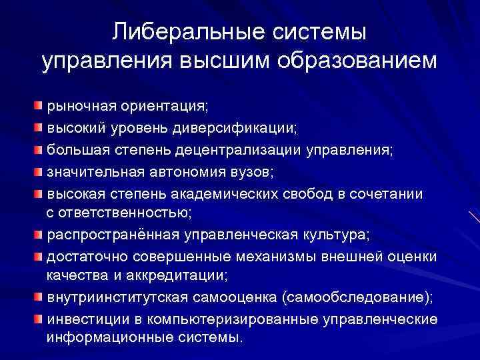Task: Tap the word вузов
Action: (254, 171)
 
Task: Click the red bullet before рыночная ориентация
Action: (40, 105)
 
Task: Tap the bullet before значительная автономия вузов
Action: (40, 171)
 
